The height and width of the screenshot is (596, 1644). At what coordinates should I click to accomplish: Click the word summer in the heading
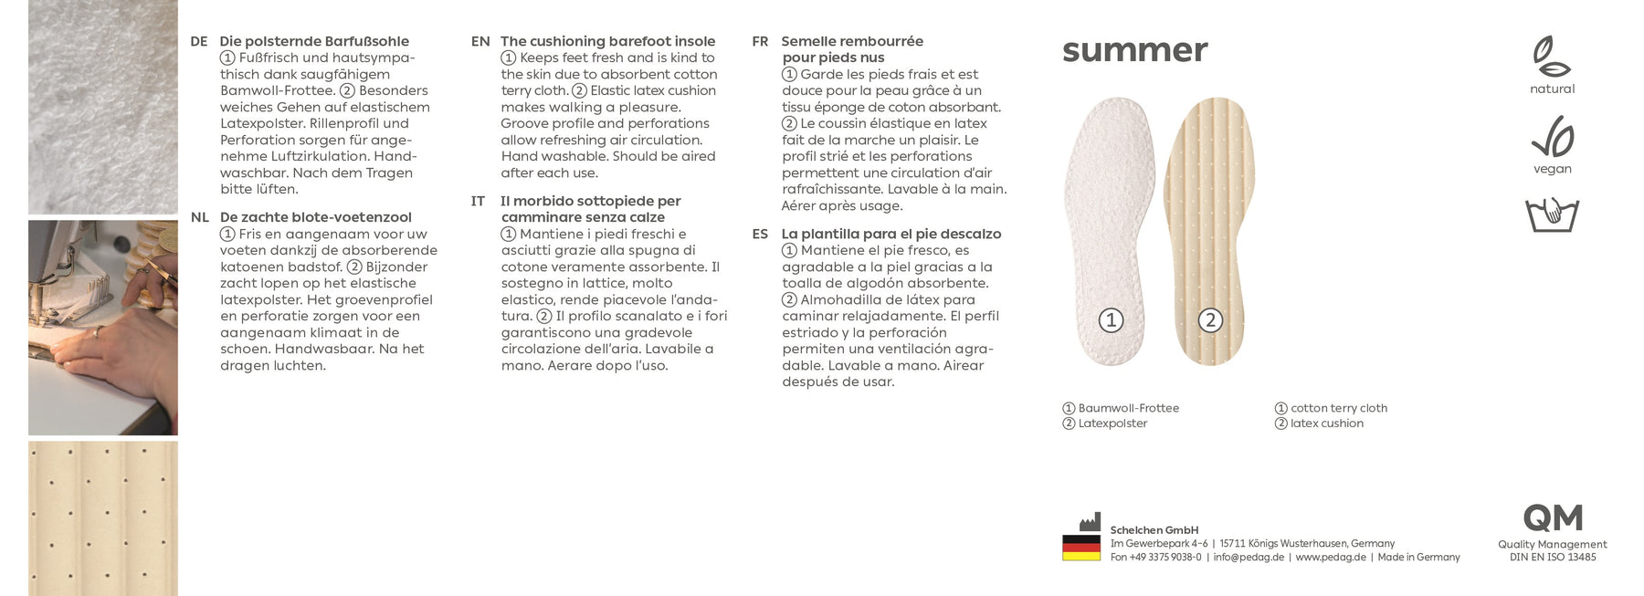tap(1134, 51)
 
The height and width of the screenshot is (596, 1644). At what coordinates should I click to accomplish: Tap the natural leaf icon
tap(1551, 57)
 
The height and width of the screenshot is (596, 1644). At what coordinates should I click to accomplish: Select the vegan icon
tap(1552, 137)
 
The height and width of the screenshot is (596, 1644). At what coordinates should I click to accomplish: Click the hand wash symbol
tap(1552, 214)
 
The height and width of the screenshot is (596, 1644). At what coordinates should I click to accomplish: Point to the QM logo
tap(1552, 518)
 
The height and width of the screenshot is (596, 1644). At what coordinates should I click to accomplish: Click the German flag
tap(1080, 548)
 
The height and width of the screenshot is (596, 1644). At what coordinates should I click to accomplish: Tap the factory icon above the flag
tap(1089, 523)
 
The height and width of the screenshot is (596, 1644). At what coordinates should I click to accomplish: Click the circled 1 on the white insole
tap(1111, 320)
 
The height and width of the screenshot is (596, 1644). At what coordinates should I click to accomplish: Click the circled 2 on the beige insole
tap(1210, 320)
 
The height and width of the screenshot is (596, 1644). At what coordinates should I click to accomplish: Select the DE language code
tap(198, 42)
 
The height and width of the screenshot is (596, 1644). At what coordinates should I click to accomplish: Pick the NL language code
tap(199, 218)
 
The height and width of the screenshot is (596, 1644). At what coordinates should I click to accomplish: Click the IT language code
tap(478, 202)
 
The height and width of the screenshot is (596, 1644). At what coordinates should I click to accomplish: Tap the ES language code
tap(760, 235)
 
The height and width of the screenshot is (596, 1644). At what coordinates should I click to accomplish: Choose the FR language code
tap(760, 42)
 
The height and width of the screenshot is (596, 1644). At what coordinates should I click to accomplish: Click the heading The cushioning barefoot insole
tap(607, 42)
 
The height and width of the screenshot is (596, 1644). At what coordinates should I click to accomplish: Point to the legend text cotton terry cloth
tap(1338, 408)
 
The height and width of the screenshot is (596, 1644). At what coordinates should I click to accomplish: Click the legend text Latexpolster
tap(1112, 423)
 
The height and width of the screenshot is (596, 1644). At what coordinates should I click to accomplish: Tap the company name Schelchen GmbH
tap(1154, 530)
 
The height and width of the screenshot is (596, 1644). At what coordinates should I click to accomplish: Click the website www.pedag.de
tap(1330, 558)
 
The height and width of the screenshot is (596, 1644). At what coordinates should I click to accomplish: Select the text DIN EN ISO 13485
tap(1552, 558)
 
